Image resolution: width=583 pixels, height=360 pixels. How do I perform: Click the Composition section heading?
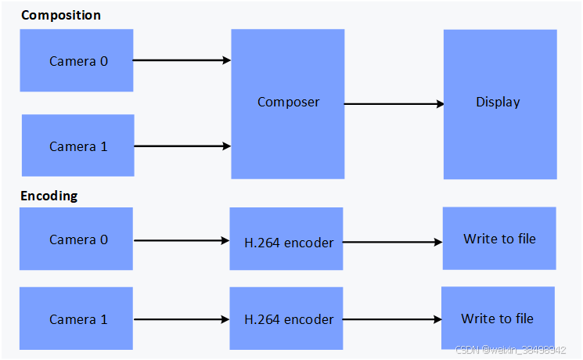[60, 15]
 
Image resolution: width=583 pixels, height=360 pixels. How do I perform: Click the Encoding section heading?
[49, 196]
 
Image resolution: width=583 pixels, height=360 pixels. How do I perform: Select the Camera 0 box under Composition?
[77, 60]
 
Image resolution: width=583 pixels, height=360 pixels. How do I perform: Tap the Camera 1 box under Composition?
[77, 146]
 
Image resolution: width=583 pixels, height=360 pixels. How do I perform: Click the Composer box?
[288, 103]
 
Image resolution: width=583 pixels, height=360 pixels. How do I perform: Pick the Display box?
[499, 103]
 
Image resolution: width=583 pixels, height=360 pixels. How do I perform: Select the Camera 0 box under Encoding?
[77, 239]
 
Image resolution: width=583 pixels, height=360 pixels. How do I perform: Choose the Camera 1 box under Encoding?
[77, 319]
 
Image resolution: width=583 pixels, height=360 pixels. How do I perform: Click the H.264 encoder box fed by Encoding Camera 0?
[287, 242]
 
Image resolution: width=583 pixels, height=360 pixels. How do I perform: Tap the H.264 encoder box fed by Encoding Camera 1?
[287, 319]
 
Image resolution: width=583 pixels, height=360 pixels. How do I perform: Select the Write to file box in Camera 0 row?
[499, 238]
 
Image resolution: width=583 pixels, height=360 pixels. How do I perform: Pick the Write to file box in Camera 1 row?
[498, 318]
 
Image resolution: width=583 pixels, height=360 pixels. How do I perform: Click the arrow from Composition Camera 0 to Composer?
[182, 60]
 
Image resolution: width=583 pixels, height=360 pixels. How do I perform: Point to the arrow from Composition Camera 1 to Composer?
[182, 146]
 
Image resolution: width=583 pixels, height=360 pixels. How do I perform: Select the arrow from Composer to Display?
[394, 103]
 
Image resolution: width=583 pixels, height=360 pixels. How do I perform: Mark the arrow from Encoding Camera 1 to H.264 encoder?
[182, 319]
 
